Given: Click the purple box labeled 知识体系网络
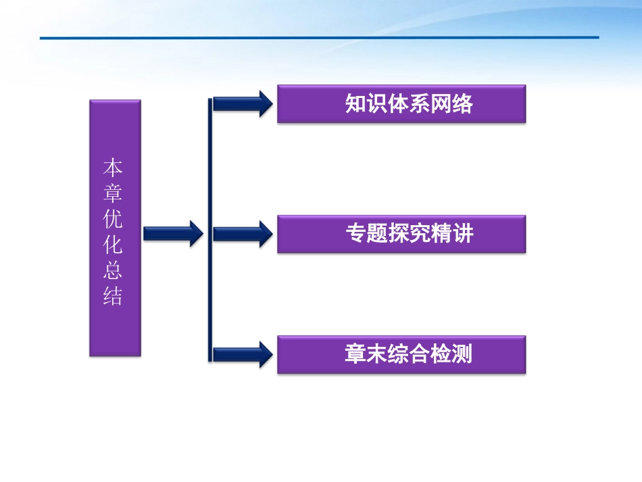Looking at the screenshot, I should [401, 103].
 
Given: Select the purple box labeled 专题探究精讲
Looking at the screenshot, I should [401, 234].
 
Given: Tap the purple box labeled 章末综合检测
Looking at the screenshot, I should [401, 354].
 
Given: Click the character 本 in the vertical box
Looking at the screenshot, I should [113, 168].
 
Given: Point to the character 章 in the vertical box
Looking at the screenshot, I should [113, 193].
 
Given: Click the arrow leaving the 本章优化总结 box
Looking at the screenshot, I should [173, 234].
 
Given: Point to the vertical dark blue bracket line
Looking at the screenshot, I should [210, 230].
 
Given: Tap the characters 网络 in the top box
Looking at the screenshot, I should [451, 103].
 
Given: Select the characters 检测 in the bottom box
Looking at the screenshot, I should [451, 354].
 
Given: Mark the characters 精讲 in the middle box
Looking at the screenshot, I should [451, 234].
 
